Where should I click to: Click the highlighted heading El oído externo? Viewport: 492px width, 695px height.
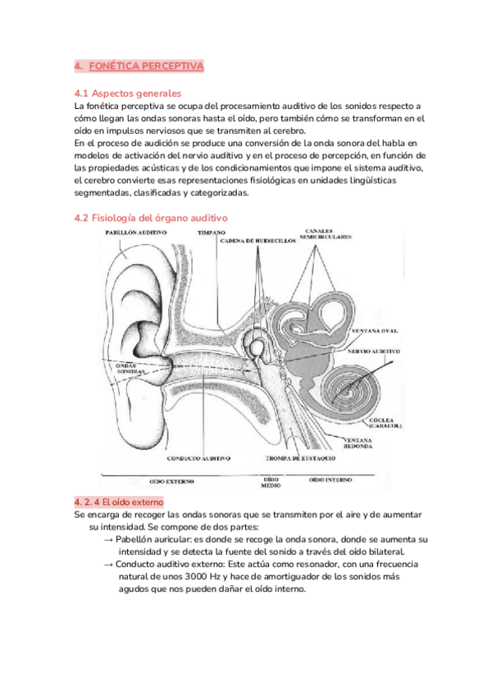click(x=119, y=501)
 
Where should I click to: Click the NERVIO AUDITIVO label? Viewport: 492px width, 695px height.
click(x=376, y=351)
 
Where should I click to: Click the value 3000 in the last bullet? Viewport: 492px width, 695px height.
click(x=194, y=577)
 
